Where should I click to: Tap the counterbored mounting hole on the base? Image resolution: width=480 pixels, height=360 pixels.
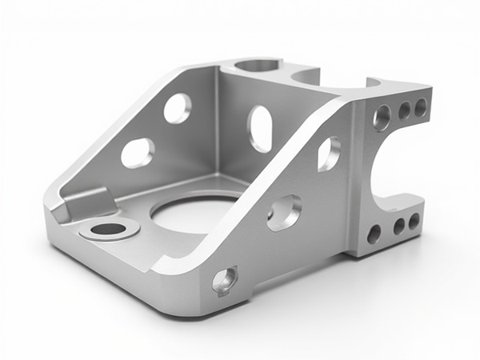tap(109, 230)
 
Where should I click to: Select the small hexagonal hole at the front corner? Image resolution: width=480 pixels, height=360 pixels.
tap(224, 280)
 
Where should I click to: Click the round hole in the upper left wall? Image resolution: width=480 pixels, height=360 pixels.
tap(178, 108)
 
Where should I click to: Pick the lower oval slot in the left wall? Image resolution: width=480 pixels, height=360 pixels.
tap(138, 152)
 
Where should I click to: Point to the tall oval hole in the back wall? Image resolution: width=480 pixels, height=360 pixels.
tap(260, 128)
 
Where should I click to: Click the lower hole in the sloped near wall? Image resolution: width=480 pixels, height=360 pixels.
tap(284, 213)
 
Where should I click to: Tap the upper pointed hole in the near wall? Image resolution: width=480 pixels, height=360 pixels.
tap(328, 154)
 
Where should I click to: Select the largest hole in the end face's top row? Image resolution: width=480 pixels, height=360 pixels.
tap(382, 118)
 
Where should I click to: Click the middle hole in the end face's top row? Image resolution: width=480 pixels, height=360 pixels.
tap(404, 110)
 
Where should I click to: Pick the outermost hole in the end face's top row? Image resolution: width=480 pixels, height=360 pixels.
tap(420, 106)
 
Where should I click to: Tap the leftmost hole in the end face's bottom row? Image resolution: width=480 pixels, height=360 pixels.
tap(374, 234)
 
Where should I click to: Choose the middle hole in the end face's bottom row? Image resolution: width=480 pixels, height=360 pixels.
tap(398, 226)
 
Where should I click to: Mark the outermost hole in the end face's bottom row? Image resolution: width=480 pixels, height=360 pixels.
tap(414, 221)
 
